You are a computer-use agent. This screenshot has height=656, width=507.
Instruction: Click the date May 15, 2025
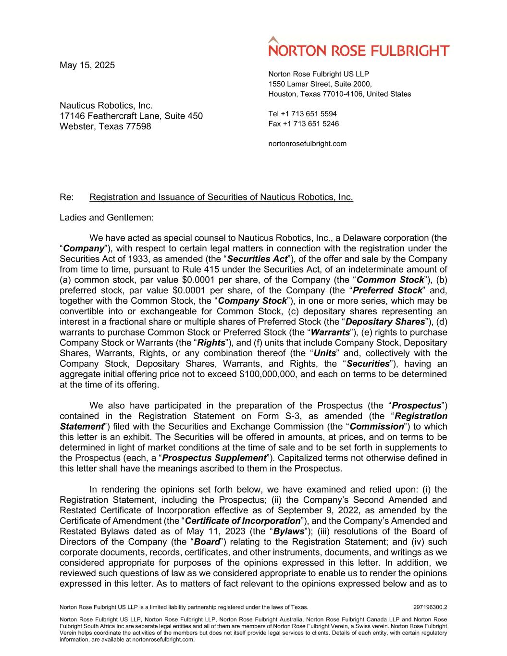tap(87, 65)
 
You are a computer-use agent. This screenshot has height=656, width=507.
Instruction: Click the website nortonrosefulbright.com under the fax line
tap(307, 144)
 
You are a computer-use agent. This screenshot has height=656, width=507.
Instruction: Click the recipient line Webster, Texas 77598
tap(105, 127)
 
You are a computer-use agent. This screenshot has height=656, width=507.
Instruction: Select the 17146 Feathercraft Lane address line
tap(131, 116)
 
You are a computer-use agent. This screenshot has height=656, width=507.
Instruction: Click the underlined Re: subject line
tap(221, 197)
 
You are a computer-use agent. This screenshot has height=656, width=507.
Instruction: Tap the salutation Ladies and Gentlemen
tap(107, 217)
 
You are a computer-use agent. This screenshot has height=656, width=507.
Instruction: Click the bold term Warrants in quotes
tap(330, 333)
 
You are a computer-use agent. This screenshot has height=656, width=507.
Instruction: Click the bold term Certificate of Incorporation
tap(243, 521)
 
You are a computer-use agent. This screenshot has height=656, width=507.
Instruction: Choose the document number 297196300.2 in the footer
tap(430, 607)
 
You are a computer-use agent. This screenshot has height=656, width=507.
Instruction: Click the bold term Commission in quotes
tap(376, 427)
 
